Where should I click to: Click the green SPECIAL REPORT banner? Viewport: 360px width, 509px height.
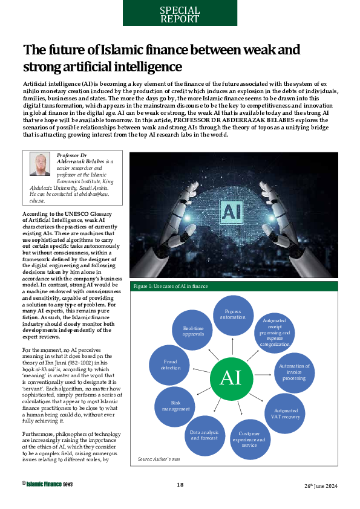pos(180,13)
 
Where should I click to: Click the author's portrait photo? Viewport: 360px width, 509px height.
pos(41,165)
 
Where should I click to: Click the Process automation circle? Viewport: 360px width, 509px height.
pos(232,314)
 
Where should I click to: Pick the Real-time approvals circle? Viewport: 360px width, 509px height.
pos(193,330)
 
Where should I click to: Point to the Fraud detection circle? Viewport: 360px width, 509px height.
pos(171,365)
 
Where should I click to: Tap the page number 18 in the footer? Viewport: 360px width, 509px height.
pos(180,485)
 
